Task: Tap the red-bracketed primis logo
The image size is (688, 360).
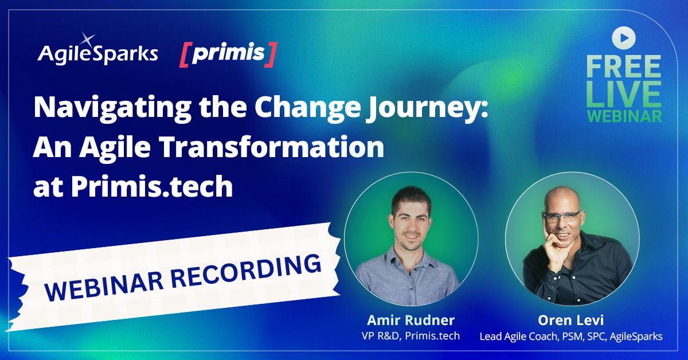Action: (228, 53)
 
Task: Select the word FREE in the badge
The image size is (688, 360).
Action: (624, 66)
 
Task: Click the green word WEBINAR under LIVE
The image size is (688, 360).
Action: (624, 115)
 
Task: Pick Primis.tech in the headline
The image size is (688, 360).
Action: (152, 187)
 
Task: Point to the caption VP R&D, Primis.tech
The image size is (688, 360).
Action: (411, 336)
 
